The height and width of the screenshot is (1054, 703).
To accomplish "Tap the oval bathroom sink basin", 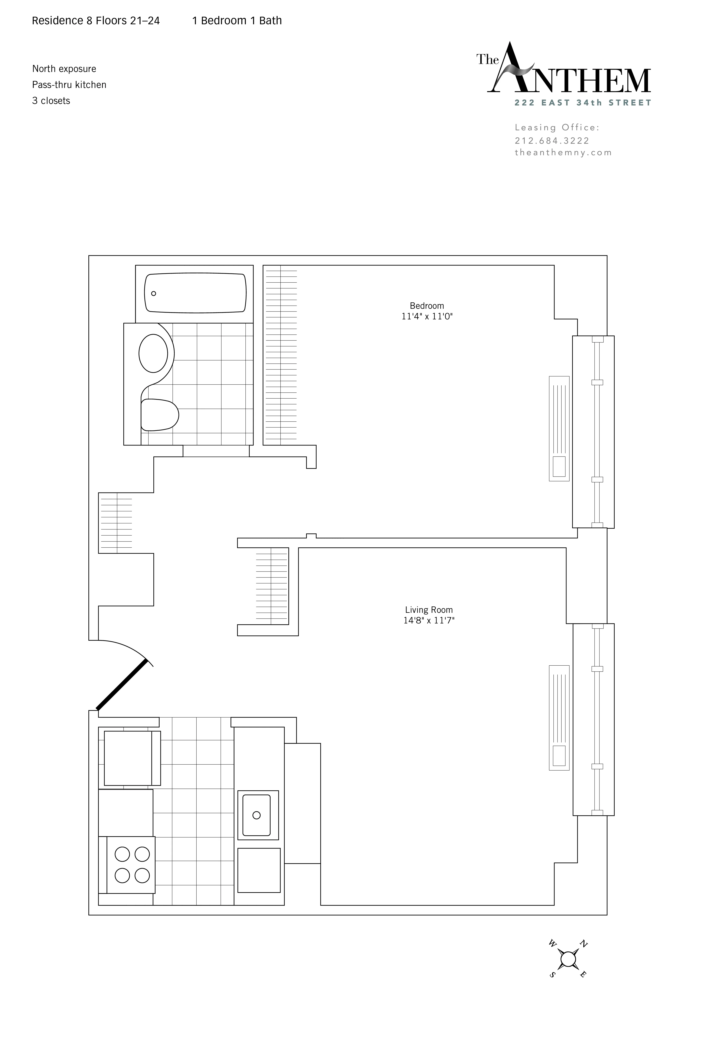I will [x=153, y=353].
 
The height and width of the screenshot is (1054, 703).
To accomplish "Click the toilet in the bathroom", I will [x=159, y=415].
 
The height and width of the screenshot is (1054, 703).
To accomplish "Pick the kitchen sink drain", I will [x=256, y=815].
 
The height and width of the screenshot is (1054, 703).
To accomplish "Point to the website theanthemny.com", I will [x=563, y=152].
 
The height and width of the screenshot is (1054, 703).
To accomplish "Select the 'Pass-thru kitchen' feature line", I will [x=69, y=85].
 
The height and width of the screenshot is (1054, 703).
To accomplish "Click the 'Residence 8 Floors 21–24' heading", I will [x=96, y=21].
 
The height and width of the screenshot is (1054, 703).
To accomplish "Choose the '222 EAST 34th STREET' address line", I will [x=582, y=103].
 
